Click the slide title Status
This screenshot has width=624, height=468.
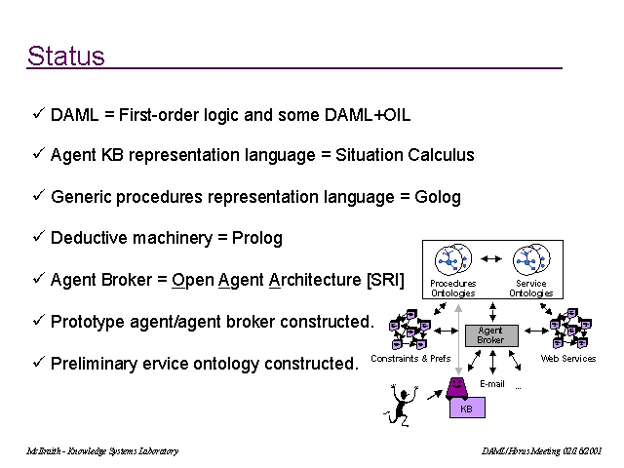(65, 56)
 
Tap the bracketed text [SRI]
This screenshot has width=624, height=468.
(385, 280)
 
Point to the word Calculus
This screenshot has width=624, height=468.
(441, 155)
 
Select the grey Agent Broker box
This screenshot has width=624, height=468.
(490, 335)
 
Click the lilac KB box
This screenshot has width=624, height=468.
(466, 409)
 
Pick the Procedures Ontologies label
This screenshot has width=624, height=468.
(453, 289)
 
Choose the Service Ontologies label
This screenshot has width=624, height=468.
(531, 289)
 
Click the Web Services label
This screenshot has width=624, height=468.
(568, 359)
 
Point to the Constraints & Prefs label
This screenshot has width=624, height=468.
(411, 359)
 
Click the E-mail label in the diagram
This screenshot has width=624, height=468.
(491, 384)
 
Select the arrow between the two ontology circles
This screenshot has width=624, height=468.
(492, 259)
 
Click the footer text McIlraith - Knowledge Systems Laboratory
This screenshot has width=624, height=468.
(102, 451)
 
